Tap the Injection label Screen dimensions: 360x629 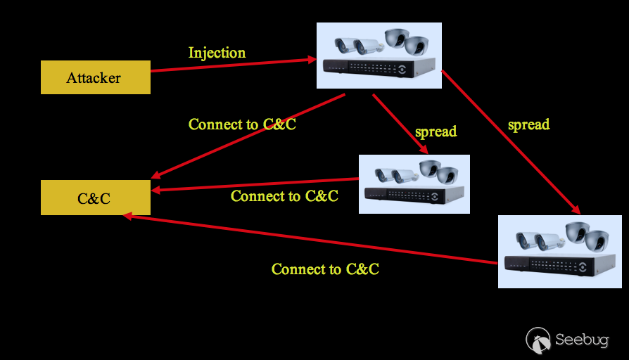[217, 53]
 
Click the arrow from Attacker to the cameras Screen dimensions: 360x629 [232, 65]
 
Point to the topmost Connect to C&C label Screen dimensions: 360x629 [242, 124]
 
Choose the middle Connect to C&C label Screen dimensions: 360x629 [284, 196]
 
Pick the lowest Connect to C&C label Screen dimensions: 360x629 [325, 269]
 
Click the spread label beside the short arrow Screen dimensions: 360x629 [436, 131]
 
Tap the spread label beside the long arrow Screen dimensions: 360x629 [528, 124]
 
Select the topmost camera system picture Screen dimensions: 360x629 [379, 56]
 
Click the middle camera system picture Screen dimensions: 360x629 [414, 184]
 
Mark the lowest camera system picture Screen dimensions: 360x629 [559, 251]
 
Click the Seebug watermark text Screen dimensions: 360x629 [581, 340]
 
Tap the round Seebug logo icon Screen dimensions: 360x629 [538, 340]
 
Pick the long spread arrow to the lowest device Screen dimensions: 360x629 [510, 141]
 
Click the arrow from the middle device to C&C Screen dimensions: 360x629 [257, 184]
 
